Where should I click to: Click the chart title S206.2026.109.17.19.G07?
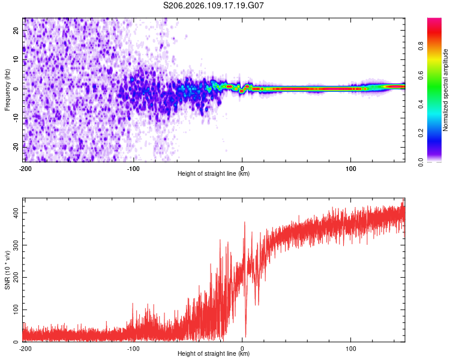tap(214, 5)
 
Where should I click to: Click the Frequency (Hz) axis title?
tap(7, 90)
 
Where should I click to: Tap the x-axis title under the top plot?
tap(214, 174)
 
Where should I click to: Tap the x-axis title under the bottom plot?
tap(214, 354)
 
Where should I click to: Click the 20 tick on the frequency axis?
tap(16, 31)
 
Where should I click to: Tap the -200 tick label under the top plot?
tap(25, 168)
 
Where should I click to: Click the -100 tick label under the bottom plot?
tap(134, 348)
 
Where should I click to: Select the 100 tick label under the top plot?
tap(351, 168)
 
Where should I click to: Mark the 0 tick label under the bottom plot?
tap(242, 348)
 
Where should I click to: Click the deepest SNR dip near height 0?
tap(245, 336)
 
